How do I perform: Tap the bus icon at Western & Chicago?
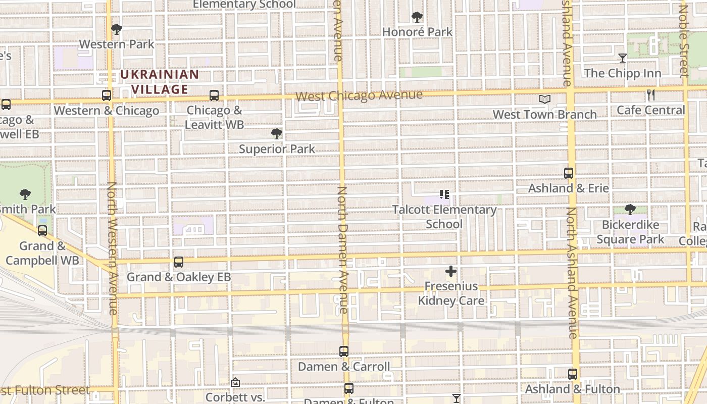click(x=107, y=95)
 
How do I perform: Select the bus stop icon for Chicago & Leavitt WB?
click(x=214, y=95)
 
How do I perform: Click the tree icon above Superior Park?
click(x=276, y=134)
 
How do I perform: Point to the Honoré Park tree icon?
click(x=417, y=17)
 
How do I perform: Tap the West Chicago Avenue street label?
click(x=359, y=95)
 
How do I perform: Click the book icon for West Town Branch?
click(x=544, y=99)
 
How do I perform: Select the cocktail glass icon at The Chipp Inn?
click(x=623, y=58)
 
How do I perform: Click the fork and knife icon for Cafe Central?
click(x=651, y=95)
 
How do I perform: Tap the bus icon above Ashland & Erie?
click(x=569, y=173)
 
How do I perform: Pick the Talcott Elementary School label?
click(x=444, y=217)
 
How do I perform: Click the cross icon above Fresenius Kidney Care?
click(x=451, y=272)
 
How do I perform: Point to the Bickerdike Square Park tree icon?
click(x=630, y=210)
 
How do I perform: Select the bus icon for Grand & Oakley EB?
click(x=179, y=262)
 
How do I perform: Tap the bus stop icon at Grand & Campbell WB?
click(x=42, y=231)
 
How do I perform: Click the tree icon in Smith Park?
click(x=25, y=194)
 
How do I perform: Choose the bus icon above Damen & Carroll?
click(x=344, y=351)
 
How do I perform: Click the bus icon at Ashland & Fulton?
click(x=573, y=374)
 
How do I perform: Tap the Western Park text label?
click(x=117, y=44)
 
